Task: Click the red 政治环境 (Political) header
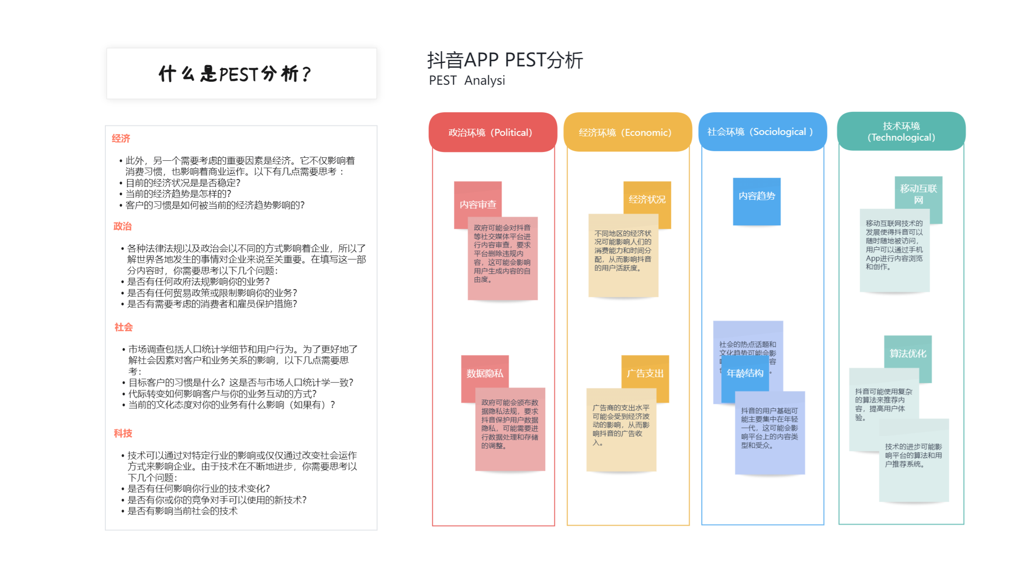point(492,132)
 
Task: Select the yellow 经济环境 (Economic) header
point(627,132)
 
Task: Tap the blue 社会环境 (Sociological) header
point(762,132)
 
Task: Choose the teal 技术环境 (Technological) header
point(901,131)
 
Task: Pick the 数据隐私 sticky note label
point(485,373)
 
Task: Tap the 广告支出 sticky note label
point(645,373)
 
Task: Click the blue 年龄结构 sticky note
point(745,373)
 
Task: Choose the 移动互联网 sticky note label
point(918,193)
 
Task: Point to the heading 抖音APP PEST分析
point(505,60)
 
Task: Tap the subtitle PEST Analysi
point(467,80)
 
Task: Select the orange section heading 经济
point(121,138)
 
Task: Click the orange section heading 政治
point(122,226)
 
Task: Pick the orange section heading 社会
point(123,327)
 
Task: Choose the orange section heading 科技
point(123,433)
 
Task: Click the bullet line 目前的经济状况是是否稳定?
point(183,183)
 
